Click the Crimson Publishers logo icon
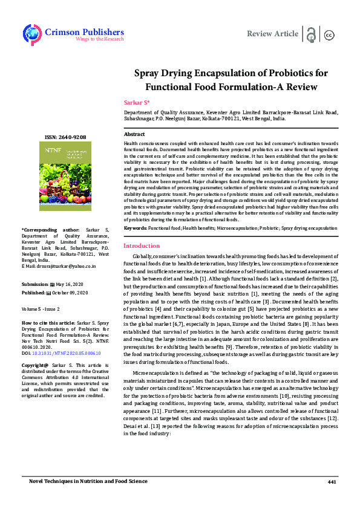click(31, 34)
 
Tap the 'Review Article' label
click(272, 34)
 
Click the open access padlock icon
click(311, 34)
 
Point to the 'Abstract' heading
click(134, 134)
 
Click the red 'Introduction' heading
click(142, 246)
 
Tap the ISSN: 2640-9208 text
click(65, 137)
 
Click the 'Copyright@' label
click(36, 366)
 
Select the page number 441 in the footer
click(331, 481)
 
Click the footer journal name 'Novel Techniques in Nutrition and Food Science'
click(88, 481)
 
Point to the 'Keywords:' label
click(136, 228)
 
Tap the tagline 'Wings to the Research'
click(99, 39)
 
